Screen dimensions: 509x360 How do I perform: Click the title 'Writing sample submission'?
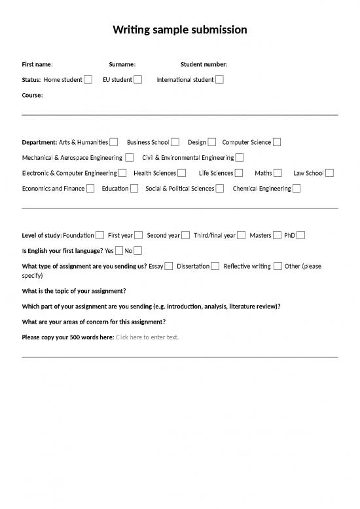180,30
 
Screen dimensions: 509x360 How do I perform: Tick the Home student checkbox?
88,80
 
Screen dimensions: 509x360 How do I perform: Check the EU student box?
138,80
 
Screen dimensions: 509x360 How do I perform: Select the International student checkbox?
219,80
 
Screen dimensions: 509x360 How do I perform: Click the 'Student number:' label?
204,64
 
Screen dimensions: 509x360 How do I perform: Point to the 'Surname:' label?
122,64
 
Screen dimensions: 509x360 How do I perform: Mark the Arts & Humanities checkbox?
114,142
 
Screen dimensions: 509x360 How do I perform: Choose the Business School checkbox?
175,142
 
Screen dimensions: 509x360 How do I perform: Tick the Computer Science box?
277,142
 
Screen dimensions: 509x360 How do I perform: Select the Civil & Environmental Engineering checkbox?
240,157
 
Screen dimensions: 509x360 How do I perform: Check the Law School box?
329,173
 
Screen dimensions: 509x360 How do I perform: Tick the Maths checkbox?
278,173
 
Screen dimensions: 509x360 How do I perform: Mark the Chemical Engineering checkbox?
297,189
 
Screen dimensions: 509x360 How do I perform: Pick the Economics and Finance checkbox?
90,189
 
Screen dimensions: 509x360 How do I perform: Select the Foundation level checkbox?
99,235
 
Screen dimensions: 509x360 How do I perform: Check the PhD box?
300,235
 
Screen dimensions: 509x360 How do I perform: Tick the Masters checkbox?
278,235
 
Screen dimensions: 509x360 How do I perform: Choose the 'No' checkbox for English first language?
137,250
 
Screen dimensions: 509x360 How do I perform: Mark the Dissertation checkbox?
215,266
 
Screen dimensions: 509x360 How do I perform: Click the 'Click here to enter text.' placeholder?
147,337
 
